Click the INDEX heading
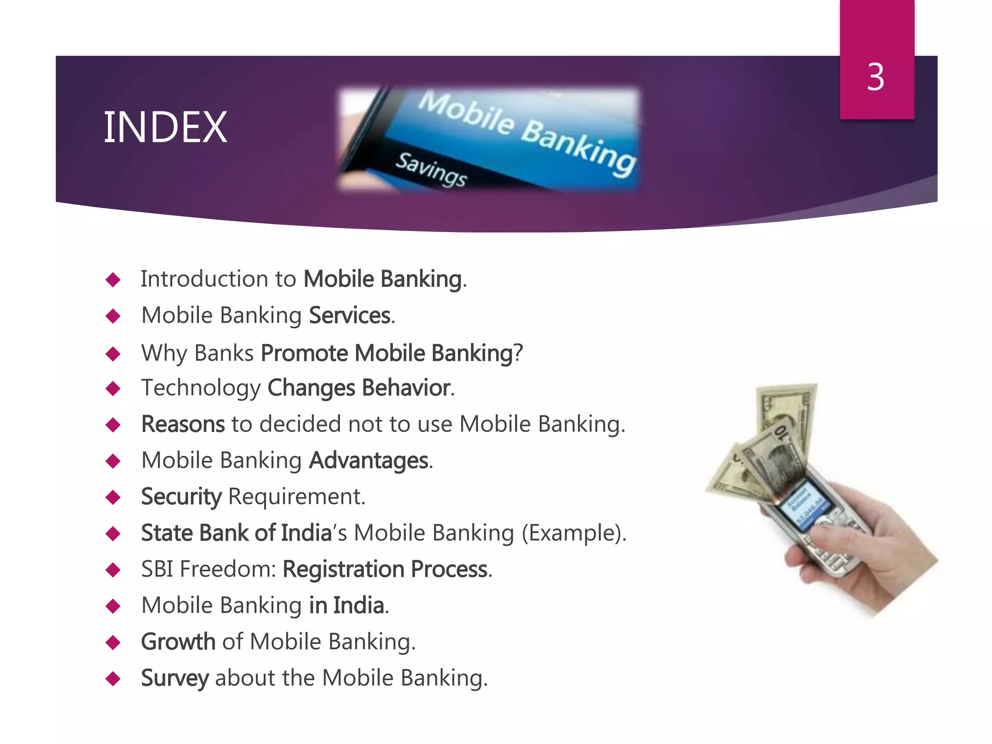pos(165,127)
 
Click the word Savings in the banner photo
pos(431,169)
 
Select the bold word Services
pos(350,316)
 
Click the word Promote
pos(304,353)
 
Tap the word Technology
pos(201,388)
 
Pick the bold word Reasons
pos(183,424)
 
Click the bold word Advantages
pos(369,461)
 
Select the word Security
pos(181,497)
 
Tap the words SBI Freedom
pos(208,569)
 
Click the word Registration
pos(342,569)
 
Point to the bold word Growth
pos(178,642)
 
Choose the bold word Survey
pos(175,678)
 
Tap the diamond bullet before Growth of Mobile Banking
pos(113,643)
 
